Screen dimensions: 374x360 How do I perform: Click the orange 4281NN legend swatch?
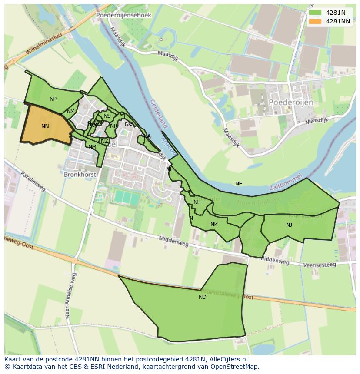coord(315,21)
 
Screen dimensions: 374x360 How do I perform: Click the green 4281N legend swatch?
coord(315,13)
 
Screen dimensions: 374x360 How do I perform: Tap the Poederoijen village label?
coord(291,102)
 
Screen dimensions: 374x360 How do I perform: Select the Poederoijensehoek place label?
coord(123,15)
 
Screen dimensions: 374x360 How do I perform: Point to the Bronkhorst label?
coord(79,174)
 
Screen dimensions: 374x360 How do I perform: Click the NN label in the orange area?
coord(45,126)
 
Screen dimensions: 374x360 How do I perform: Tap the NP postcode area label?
coord(53,99)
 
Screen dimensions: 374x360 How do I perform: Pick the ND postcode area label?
coord(203,297)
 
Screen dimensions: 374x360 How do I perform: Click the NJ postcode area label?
coord(289,225)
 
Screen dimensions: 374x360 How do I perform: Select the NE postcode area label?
coord(239,184)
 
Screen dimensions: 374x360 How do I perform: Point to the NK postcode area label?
coord(214,225)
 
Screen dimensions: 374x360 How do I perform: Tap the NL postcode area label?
coord(197,202)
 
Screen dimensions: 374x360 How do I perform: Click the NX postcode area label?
coord(70,112)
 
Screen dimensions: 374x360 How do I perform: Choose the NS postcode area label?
coord(107,116)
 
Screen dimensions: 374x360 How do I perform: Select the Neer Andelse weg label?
coord(70,296)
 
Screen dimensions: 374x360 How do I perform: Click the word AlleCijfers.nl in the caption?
coord(229,360)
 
